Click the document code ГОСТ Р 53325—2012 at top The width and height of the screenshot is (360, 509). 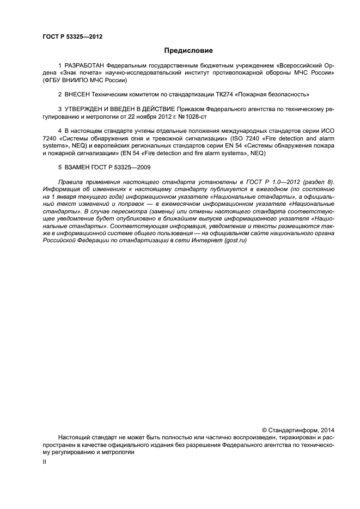pos(72,37)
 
